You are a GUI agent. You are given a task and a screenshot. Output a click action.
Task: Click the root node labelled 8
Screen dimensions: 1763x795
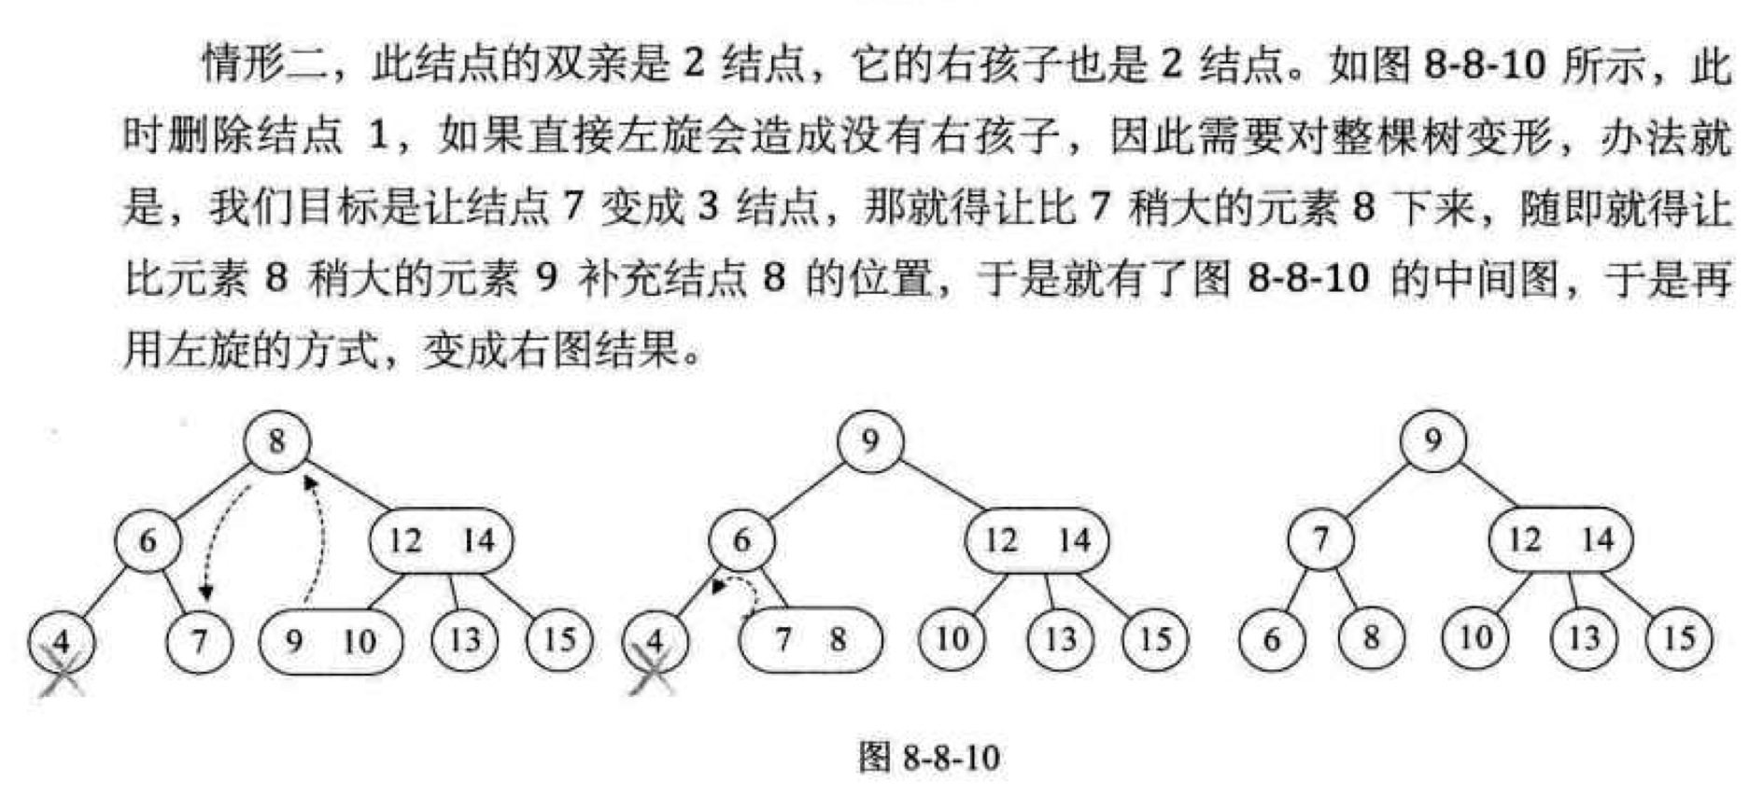click(x=276, y=441)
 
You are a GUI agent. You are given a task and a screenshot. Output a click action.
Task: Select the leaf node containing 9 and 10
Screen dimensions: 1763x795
click(x=331, y=641)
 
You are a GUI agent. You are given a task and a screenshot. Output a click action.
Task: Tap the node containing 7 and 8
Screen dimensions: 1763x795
click(x=810, y=640)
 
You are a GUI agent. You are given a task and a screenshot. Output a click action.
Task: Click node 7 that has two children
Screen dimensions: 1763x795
click(x=1319, y=540)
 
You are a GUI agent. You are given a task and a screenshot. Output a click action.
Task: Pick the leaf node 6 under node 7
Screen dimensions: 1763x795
click(x=1272, y=640)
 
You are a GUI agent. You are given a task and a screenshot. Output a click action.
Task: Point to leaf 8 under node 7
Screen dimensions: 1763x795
click(x=1371, y=639)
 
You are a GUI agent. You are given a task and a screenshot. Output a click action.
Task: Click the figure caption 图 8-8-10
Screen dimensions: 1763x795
click(x=928, y=757)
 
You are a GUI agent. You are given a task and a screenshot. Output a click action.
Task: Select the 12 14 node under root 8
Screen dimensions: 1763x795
click(x=441, y=541)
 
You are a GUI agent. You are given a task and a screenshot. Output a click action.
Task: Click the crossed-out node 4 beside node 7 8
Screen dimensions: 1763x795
click(x=655, y=642)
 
